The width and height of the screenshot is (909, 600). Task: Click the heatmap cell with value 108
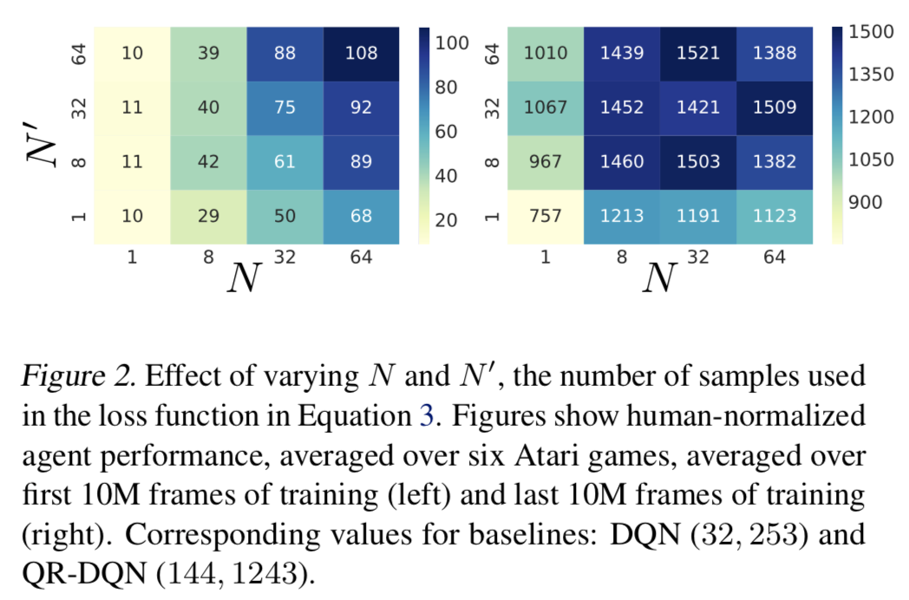[x=361, y=53]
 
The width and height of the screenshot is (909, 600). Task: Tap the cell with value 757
[x=546, y=216]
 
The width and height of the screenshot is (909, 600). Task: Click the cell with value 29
[x=207, y=216]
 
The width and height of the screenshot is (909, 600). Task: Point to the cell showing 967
[x=546, y=161]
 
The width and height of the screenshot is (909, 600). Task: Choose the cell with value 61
[x=284, y=161]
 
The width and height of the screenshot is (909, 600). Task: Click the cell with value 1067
[x=546, y=108]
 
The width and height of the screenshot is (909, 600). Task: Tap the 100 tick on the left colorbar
[x=451, y=42]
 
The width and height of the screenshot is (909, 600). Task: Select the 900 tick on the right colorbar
[x=864, y=202]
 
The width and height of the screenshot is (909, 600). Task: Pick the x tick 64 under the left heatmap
[x=361, y=258]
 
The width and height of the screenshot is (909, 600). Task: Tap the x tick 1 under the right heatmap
[x=546, y=258]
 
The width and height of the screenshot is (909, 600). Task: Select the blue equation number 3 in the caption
[x=425, y=416]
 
